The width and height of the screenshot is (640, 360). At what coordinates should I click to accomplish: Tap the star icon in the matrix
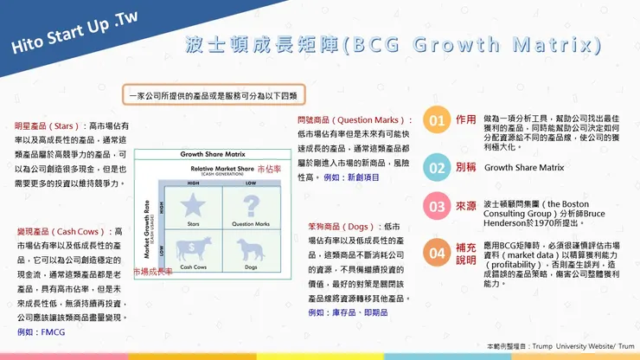click(194, 205)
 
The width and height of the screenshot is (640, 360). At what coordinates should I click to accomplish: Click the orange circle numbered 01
click(438, 120)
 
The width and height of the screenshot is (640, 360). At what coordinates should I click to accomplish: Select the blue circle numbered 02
click(438, 167)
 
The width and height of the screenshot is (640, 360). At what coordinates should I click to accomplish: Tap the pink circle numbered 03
click(438, 207)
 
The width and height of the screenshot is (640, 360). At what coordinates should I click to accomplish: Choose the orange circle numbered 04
click(438, 253)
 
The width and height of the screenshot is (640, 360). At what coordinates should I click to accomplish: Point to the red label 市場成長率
click(151, 271)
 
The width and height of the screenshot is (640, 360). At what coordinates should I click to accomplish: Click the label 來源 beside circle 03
click(465, 207)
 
